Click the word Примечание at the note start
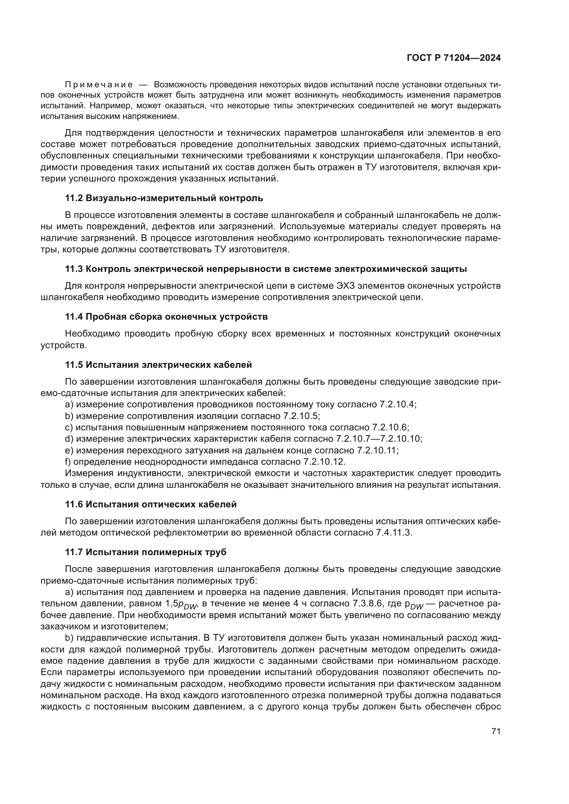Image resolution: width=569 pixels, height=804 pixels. [99, 85]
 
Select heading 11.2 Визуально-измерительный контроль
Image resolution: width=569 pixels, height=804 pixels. [164, 198]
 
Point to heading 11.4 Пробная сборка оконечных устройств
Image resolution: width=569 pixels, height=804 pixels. [167, 317]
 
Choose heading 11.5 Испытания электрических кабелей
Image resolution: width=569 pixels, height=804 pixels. [158, 364]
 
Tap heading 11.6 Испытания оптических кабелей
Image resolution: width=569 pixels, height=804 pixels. [151, 504]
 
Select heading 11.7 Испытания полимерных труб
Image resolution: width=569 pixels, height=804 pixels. [146, 552]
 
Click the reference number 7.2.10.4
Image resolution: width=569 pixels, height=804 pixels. [398, 405]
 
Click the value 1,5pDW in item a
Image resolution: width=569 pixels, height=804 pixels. [181, 604]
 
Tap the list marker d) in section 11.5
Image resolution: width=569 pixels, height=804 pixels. [69, 439]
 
